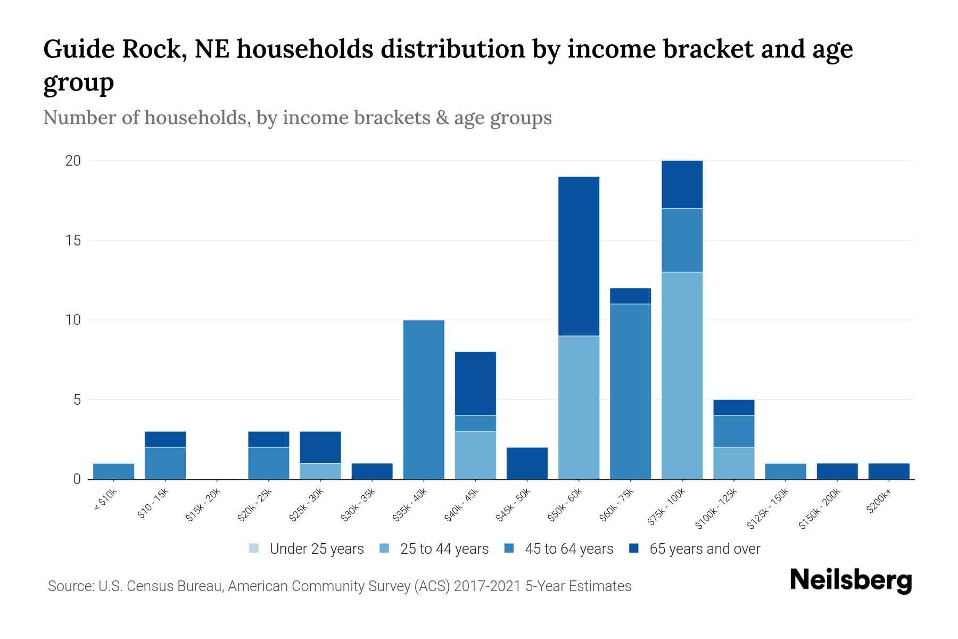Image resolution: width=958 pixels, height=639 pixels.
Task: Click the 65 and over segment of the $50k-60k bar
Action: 579,256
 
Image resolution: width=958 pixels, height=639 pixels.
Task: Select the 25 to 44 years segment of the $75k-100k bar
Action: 682,375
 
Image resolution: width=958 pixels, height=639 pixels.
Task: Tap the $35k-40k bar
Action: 424,399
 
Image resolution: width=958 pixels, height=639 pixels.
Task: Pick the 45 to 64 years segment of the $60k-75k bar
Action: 630,391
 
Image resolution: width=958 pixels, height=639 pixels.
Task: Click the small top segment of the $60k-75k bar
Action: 630,296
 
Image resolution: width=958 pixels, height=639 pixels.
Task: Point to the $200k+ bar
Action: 889,471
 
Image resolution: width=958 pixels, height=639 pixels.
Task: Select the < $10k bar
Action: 113,471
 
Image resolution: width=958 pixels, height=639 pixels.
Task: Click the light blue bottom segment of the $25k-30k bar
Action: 320,471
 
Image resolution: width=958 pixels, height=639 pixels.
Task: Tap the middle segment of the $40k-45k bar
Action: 475,423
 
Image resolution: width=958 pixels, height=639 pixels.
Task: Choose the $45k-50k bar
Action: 527,463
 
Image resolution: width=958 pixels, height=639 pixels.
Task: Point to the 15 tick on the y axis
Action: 73,241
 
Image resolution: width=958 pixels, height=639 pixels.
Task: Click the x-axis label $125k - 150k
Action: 767,509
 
